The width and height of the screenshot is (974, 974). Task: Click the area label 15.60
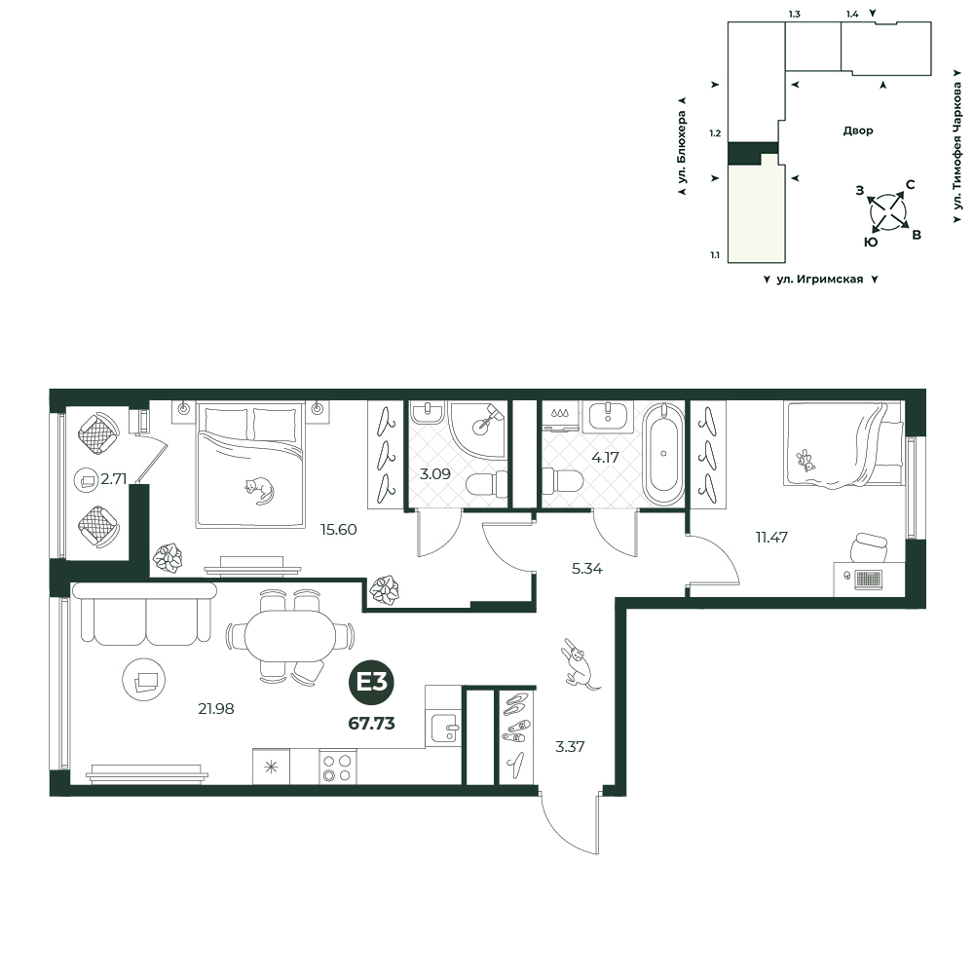(x=338, y=529)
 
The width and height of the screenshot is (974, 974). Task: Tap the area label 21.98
(x=215, y=708)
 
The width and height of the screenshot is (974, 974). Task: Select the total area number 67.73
(x=371, y=723)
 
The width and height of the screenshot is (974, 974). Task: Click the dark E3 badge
(x=371, y=683)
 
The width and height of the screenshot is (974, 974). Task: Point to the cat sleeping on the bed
(x=260, y=489)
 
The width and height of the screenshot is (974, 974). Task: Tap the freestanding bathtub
(x=663, y=454)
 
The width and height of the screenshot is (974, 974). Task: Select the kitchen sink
(x=443, y=728)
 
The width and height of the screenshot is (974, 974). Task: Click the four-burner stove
(x=338, y=767)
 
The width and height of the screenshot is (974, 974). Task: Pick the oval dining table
(x=289, y=636)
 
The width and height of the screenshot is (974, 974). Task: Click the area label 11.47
(x=771, y=538)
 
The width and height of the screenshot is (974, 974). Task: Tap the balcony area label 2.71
(x=114, y=479)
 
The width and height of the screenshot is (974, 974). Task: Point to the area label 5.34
(x=587, y=569)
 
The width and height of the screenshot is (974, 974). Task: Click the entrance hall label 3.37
(x=570, y=747)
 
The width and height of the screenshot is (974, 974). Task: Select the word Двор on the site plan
(x=858, y=131)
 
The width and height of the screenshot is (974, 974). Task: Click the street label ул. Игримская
(x=820, y=280)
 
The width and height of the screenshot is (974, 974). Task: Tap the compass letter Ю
(x=871, y=243)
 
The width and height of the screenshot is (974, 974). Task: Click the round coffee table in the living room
(x=144, y=680)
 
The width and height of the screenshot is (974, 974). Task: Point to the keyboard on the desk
(x=869, y=580)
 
